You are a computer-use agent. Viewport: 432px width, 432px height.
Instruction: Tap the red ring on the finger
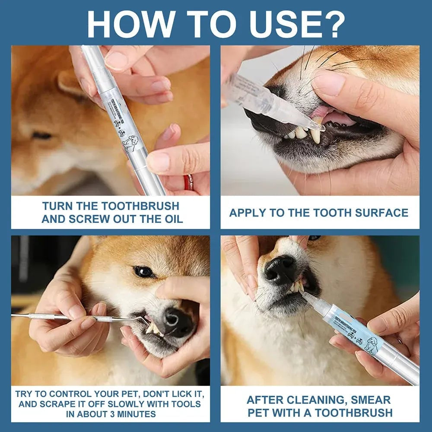coord(188,182)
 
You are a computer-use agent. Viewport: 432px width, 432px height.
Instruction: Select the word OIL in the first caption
coord(171,219)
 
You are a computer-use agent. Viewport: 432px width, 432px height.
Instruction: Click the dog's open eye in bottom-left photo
coord(144,271)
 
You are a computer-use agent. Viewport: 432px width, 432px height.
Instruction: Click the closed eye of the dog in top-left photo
coord(42,136)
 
